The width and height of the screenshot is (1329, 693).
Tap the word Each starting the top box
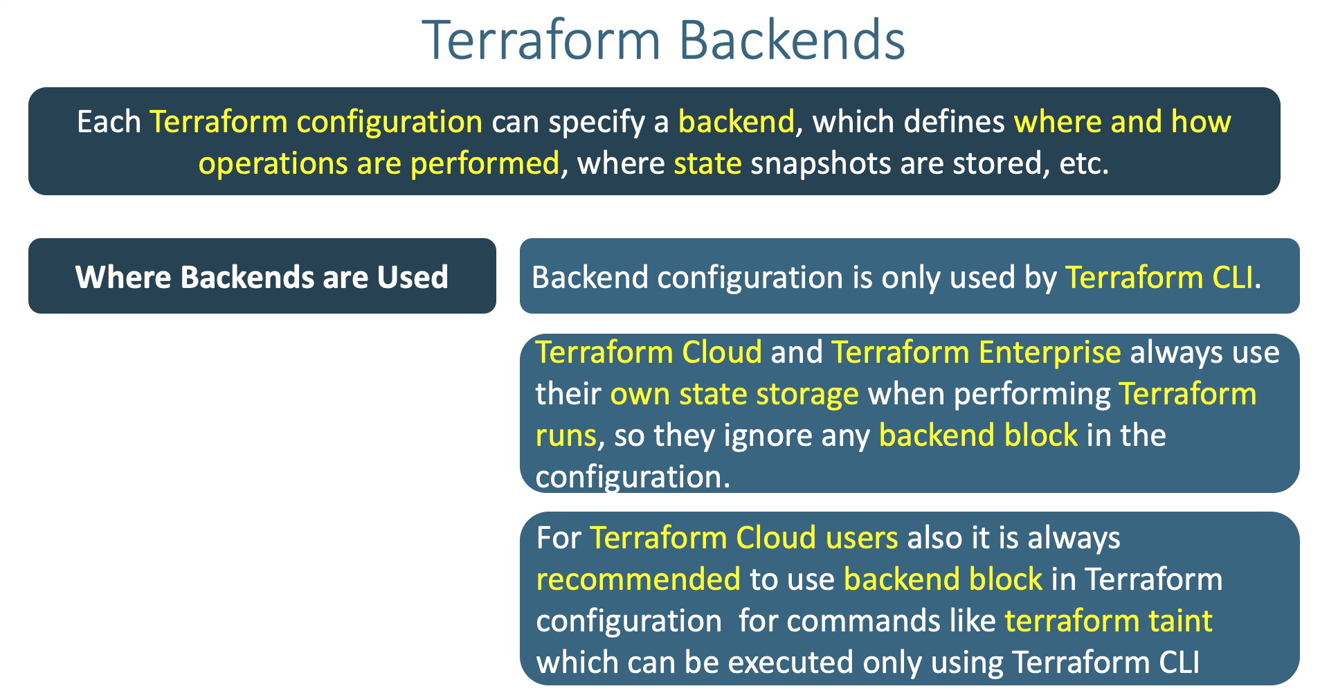click(109, 122)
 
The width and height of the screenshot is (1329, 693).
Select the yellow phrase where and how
click(1122, 122)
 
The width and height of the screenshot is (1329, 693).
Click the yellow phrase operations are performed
click(379, 163)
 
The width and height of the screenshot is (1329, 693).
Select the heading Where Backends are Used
click(262, 277)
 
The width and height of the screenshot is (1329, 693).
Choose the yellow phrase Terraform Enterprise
click(976, 352)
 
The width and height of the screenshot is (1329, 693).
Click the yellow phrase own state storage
click(734, 394)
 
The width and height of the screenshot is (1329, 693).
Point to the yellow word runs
click(566, 435)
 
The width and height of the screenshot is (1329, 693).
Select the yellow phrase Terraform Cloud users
click(743, 538)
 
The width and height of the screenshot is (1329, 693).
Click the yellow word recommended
click(638, 579)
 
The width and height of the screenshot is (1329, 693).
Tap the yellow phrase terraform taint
click(1108, 621)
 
